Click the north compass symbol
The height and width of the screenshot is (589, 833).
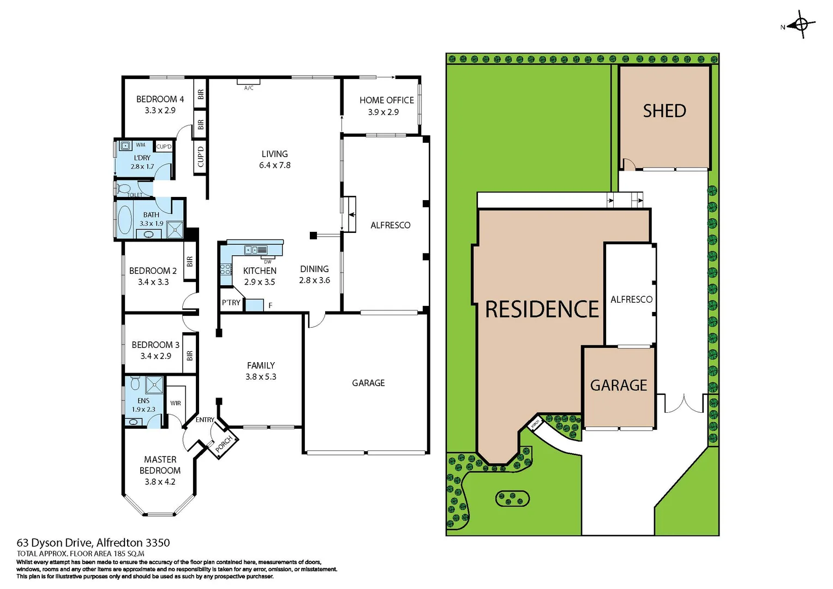point(800,25)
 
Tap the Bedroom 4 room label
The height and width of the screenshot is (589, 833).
point(160,99)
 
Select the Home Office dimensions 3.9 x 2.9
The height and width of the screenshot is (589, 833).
point(383,112)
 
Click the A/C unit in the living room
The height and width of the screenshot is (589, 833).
point(248,82)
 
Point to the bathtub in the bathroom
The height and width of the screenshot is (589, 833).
point(125,220)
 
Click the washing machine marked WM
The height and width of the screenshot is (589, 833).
point(125,146)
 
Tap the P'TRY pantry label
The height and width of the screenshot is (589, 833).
point(231,303)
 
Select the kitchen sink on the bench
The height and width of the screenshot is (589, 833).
point(255,250)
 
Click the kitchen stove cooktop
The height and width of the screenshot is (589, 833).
point(226,269)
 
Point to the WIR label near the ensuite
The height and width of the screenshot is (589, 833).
point(175,404)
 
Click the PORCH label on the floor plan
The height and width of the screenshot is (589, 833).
point(224,443)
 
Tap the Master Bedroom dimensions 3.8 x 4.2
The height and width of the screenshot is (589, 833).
point(160,482)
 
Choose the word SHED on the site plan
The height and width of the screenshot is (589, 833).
point(664,111)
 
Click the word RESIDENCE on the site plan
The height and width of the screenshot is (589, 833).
point(542,310)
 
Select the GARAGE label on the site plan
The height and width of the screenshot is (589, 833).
point(618,386)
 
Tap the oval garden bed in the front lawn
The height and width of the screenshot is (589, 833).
point(512,498)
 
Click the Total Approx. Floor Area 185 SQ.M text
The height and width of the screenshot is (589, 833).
point(80,554)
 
